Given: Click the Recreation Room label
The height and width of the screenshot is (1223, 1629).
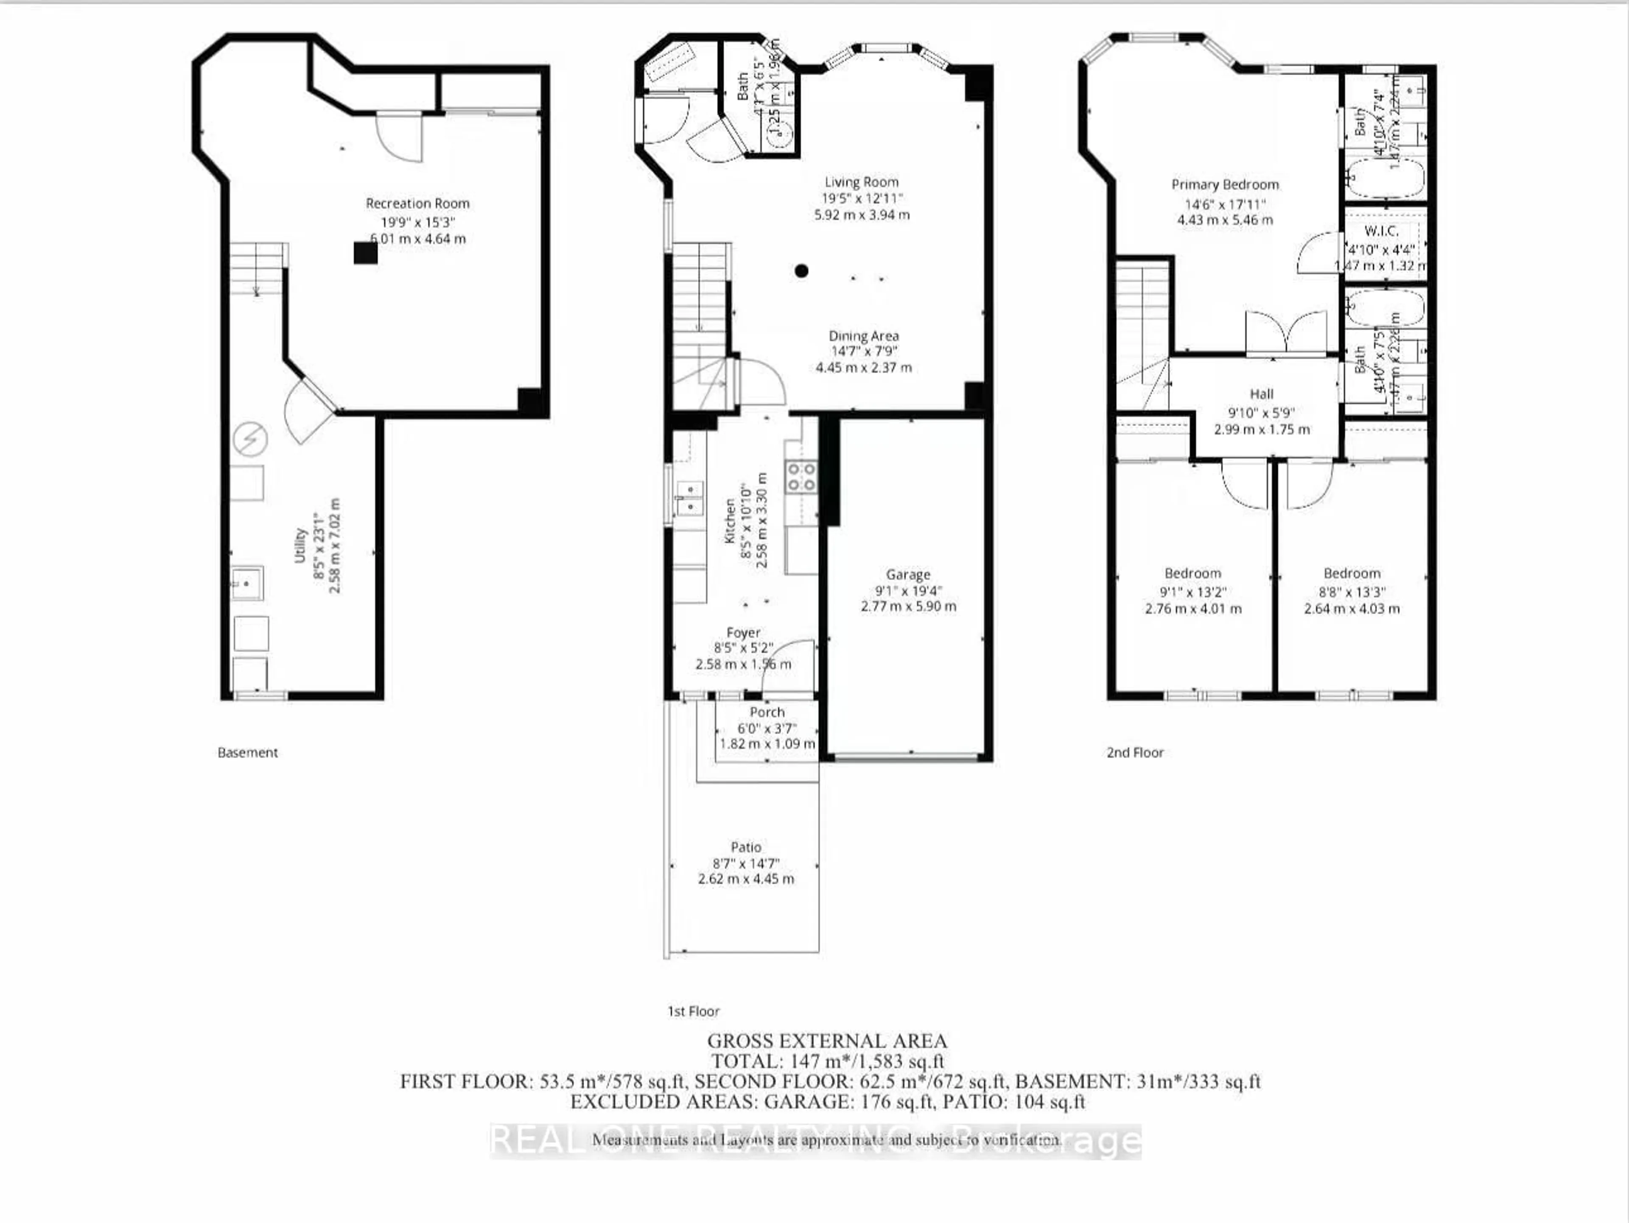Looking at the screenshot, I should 417,203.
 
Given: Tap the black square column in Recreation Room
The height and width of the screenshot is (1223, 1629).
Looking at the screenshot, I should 365,253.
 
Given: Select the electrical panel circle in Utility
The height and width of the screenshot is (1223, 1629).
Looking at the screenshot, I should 250,440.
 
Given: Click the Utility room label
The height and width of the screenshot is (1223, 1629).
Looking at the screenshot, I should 300,545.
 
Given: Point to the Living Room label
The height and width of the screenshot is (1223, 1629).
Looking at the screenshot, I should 861,182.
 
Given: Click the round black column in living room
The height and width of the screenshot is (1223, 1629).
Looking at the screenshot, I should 801,271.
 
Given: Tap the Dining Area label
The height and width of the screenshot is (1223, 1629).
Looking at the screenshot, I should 863,336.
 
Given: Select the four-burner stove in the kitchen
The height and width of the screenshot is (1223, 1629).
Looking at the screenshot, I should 801,476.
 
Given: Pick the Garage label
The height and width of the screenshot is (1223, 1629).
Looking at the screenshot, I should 907,574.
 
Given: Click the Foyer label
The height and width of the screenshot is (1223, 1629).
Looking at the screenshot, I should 743,632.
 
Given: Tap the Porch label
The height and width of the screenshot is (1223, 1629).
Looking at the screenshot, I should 767,712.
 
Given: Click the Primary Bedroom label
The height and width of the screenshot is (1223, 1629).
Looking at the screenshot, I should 1225,185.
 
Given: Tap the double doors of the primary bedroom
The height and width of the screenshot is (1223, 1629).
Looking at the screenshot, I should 1286,335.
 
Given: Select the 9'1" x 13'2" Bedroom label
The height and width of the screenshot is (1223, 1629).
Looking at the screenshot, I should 1192,573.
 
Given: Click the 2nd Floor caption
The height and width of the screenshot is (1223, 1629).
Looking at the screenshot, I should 1135,753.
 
